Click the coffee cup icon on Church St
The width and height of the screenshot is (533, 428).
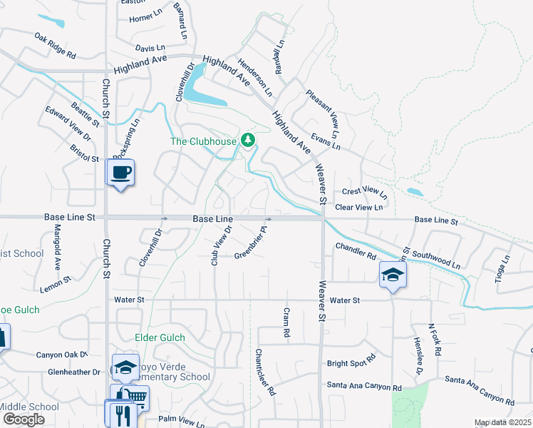120,172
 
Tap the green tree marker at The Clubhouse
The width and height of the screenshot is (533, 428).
248,140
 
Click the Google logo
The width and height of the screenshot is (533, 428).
24,419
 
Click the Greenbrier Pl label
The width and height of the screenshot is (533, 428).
250,243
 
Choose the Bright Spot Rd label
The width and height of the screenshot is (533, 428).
351,362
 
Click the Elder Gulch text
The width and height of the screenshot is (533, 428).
160,337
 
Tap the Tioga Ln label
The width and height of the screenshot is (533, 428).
502,270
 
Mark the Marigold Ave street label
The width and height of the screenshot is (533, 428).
58,248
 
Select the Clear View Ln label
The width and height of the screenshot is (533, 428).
358,207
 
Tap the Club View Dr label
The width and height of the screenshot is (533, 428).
221,247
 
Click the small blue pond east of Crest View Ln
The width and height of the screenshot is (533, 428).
414,192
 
